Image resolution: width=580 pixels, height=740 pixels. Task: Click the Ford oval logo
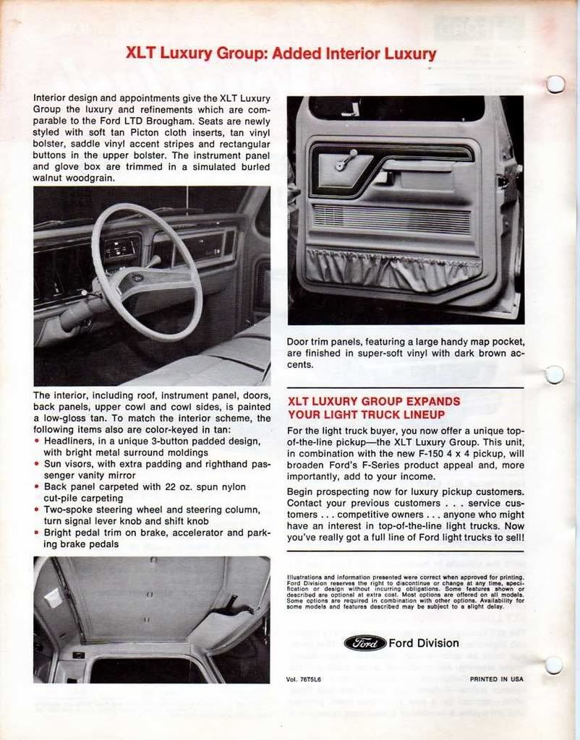pos(364,642)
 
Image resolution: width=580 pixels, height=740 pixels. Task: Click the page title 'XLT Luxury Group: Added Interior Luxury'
pos(281,53)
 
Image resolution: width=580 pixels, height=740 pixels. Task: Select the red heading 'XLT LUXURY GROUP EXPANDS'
pos(374,401)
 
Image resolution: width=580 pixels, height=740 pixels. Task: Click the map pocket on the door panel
pos(393,267)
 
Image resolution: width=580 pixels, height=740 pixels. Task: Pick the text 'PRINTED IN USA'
pos(496,679)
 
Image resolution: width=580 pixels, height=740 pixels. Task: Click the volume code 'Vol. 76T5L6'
pos(307,679)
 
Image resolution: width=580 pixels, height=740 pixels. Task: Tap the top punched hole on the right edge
pos(555,85)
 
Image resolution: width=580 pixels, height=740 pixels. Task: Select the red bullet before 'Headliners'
pos(38,440)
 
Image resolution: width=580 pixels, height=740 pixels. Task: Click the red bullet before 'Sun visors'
pos(38,464)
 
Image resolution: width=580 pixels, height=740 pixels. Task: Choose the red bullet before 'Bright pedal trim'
pos(38,533)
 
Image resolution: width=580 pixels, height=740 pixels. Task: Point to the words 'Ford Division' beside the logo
pos(424,643)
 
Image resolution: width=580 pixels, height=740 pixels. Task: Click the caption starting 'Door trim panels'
pos(405,353)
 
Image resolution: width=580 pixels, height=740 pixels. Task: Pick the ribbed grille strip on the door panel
pos(391,218)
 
